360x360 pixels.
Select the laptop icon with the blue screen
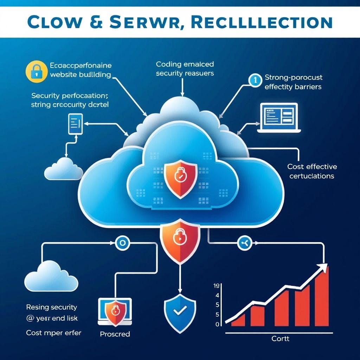click(278, 117)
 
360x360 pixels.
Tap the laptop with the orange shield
click(115, 311)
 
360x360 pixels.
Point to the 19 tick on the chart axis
click(217, 286)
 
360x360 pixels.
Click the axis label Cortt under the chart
click(281, 339)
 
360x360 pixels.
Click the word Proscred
click(115, 334)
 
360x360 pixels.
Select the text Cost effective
click(312, 167)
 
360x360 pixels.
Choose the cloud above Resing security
click(51, 276)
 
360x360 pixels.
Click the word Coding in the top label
click(168, 64)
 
